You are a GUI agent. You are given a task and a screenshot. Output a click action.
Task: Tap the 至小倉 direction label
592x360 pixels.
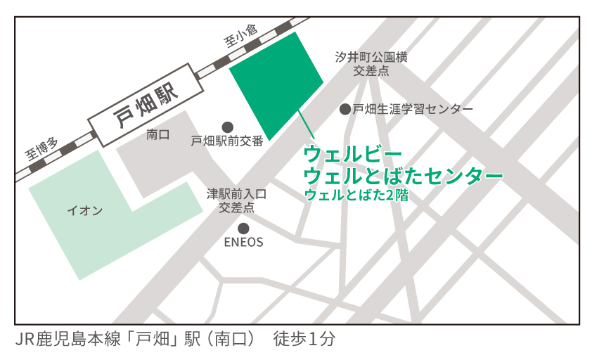241,37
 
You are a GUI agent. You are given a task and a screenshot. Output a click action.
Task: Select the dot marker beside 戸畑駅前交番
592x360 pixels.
227,126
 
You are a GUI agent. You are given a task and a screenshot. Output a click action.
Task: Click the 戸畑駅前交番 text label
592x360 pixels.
227,141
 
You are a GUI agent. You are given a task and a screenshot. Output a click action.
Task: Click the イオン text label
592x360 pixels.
84,210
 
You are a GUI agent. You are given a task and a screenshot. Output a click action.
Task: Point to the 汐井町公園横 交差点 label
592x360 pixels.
371,65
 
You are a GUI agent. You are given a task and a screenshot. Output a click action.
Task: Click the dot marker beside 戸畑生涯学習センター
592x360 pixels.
345,109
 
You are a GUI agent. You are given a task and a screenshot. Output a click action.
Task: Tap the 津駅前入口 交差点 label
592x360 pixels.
236,200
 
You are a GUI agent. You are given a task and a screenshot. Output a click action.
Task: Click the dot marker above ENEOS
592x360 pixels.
243,228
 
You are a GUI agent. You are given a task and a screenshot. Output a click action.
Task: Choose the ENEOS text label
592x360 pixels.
243,243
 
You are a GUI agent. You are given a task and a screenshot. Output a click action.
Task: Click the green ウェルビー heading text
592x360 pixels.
342,153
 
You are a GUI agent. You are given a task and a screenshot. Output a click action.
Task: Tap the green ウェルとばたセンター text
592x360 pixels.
403,174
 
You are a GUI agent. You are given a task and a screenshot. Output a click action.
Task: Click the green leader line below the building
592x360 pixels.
307,127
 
